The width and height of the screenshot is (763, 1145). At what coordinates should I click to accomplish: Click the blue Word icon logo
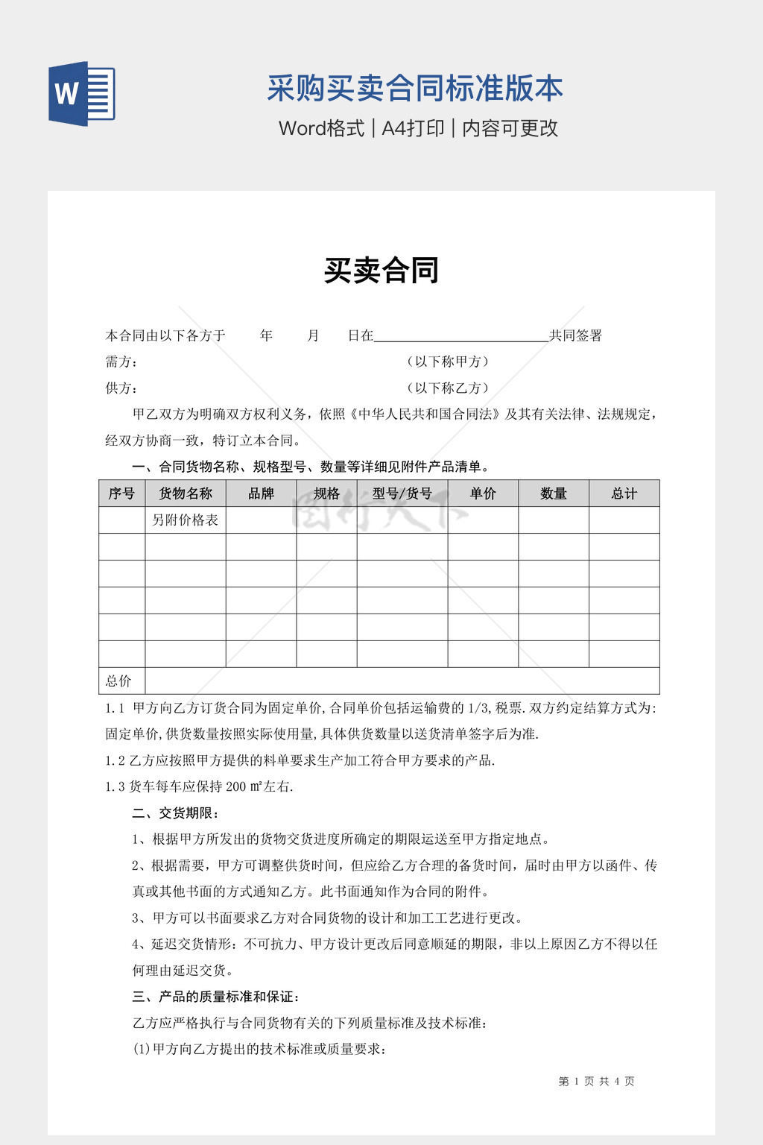tap(82, 94)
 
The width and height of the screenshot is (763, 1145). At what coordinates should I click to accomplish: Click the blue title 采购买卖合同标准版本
tap(415, 89)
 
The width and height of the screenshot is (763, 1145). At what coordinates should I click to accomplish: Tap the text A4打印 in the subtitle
tap(413, 128)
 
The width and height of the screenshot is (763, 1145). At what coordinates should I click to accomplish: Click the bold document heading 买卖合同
tap(381, 271)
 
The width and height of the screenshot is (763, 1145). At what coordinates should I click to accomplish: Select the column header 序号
tap(121, 493)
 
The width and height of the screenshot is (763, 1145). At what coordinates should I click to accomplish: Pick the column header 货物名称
tap(186, 493)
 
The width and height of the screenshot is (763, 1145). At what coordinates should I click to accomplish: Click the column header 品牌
tap(261, 493)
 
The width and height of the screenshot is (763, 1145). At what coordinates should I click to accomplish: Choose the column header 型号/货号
tap(402, 493)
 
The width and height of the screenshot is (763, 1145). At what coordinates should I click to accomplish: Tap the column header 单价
tap(483, 493)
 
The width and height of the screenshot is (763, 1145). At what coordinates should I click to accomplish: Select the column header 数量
tap(554, 493)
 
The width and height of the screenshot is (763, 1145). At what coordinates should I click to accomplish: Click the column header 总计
tap(624, 493)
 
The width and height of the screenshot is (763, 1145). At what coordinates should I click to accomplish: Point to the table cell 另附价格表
tap(186, 520)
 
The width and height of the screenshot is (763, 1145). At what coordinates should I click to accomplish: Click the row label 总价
tap(118, 681)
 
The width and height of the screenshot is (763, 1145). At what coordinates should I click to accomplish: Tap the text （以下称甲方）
tap(448, 362)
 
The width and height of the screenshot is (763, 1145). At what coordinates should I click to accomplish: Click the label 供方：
tap(121, 388)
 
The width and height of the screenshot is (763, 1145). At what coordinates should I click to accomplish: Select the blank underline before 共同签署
tap(460, 335)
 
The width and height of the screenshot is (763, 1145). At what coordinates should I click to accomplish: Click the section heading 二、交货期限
tap(176, 813)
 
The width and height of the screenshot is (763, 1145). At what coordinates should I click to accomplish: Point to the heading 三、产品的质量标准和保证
tap(216, 997)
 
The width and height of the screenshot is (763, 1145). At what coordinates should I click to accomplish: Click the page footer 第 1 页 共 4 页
tap(596, 1081)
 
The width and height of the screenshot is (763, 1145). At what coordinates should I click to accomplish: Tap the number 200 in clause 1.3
tap(235, 786)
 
